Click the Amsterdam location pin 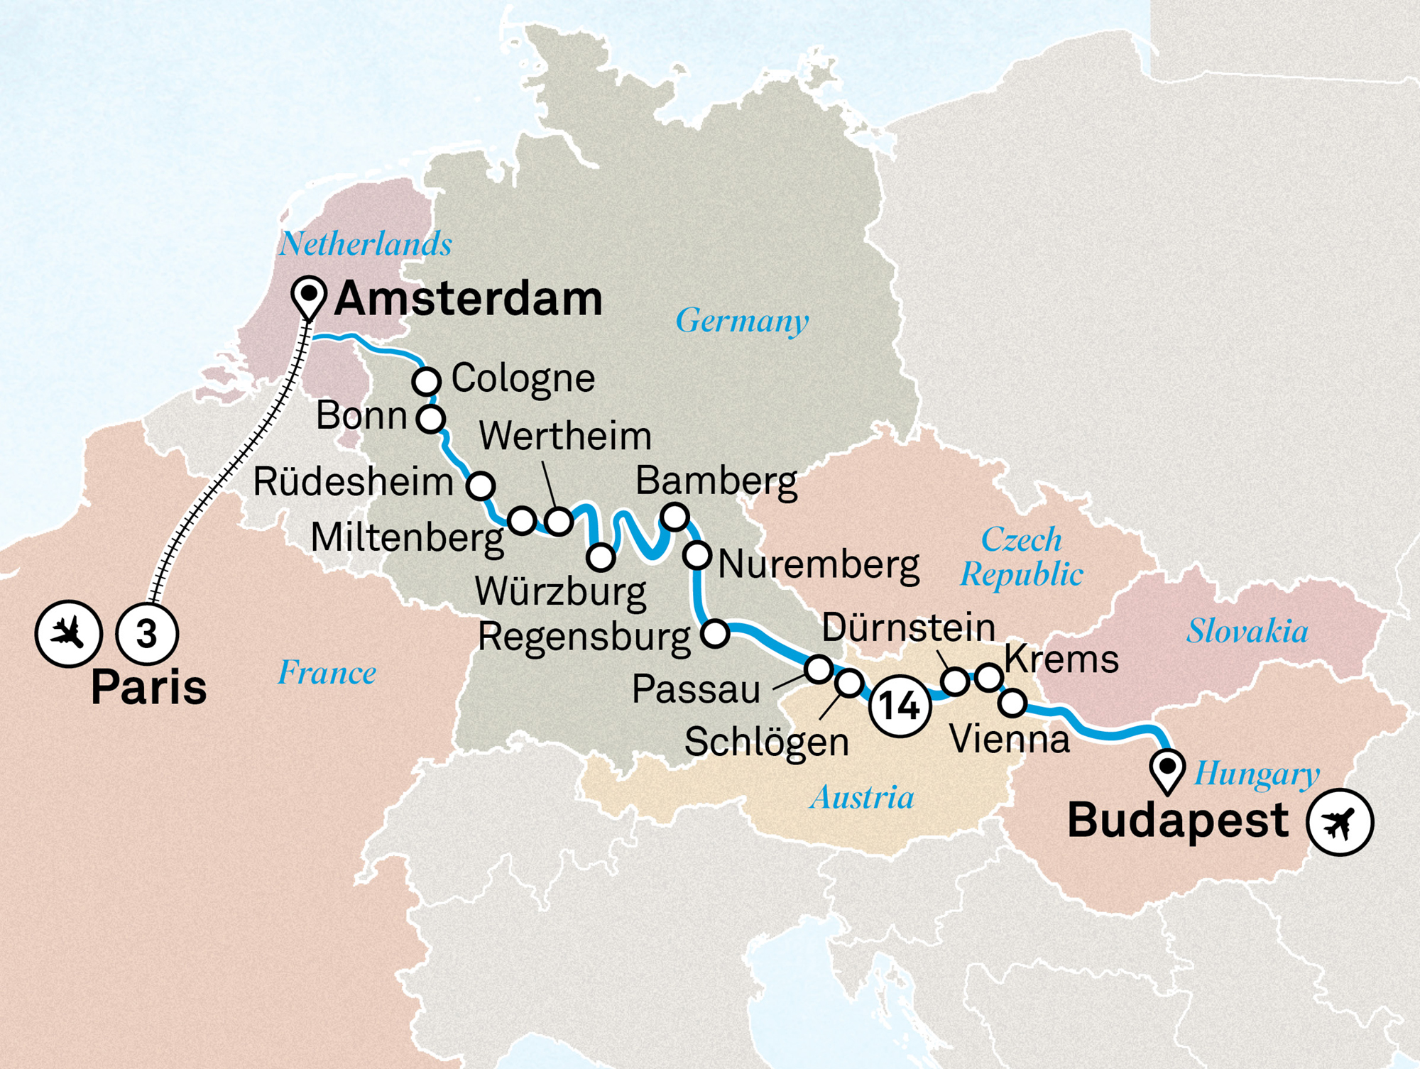(309, 295)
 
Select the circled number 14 (900, 706)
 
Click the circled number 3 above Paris (147, 634)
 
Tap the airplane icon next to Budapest (1340, 822)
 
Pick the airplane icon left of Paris (69, 633)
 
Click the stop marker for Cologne (427, 381)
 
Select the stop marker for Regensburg (715, 632)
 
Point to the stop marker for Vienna (1012, 703)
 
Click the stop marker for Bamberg (674, 516)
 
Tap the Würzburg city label (560, 591)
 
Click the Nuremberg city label (819, 565)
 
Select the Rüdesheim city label (353, 483)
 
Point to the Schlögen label (767, 742)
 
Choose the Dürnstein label (908, 628)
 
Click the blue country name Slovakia (1247, 631)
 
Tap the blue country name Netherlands (365, 244)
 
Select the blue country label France (327, 673)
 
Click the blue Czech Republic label (1022, 557)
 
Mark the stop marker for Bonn (431, 419)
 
